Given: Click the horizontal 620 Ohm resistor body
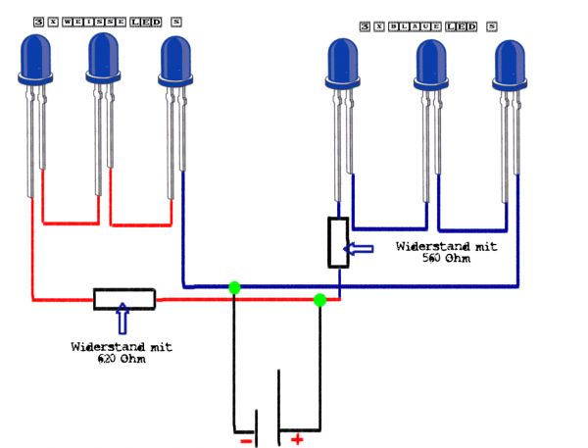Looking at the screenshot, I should click(123, 298).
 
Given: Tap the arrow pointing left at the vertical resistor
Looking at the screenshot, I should click(362, 248).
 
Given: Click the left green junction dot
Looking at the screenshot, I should click(234, 287).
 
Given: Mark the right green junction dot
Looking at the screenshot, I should click(319, 299).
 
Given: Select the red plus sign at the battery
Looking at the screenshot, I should click(297, 439).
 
